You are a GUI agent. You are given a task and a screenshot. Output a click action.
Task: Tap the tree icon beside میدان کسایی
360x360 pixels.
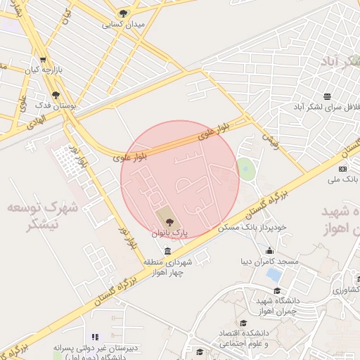(x=124, y=13)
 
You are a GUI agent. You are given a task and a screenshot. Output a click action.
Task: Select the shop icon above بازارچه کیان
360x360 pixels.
(x=44, y=60)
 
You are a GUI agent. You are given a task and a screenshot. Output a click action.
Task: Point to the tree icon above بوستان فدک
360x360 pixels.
(x=56, y=95)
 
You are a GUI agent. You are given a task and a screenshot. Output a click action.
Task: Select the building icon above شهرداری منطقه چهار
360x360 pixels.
(x=167, y=252)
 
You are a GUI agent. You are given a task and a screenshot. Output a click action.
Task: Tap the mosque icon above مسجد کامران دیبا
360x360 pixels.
(x=269, y=251)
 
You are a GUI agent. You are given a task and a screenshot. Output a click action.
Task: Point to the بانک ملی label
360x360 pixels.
(x=342, y=179)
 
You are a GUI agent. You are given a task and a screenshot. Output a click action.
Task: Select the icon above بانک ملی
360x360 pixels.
(x=342, y=169)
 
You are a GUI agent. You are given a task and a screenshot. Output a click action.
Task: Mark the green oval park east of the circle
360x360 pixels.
(x=245, y=169)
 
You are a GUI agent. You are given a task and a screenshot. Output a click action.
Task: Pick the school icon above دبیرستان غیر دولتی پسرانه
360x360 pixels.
(x=95, y=337)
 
